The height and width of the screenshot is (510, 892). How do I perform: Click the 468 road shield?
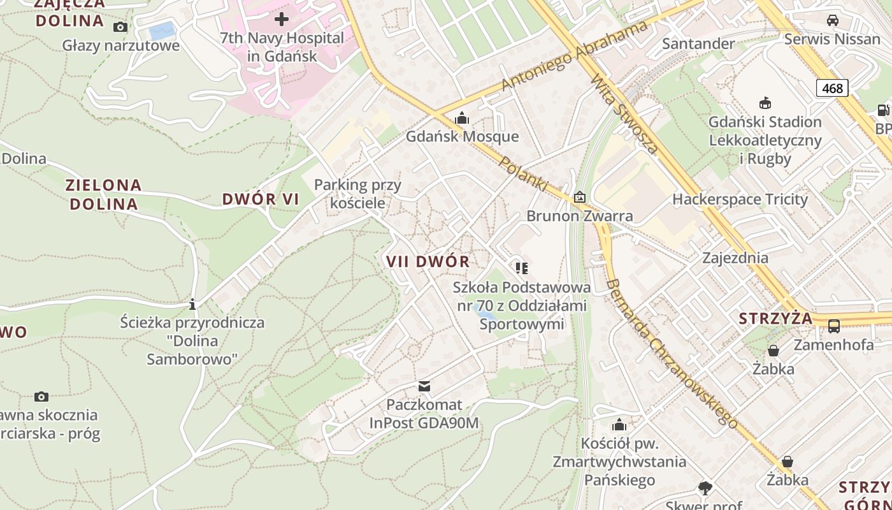(x=832, y=88)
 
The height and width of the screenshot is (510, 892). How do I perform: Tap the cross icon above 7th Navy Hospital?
(x=281, y=19)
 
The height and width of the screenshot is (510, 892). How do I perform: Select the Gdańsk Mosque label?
(x=463, y=136)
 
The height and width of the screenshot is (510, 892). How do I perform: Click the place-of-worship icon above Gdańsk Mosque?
(x=462, y=119)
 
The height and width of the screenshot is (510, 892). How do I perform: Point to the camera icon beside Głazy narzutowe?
(x=120, y=27)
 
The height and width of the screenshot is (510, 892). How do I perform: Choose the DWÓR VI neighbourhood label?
(x=261, y=199)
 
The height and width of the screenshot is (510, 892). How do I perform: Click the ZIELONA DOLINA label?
(x=103, y=194)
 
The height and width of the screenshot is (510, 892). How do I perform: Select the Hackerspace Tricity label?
(x=740, y=200)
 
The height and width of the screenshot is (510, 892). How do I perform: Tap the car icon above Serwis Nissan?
(x=832, y=20)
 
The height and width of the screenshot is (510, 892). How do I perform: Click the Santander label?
(x=698, y=43)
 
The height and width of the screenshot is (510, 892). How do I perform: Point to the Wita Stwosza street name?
(x=624, y=115)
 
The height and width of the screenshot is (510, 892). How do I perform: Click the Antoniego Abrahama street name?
(x=574, y=55)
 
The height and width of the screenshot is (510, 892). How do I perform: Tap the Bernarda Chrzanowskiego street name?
(x=671, y=354)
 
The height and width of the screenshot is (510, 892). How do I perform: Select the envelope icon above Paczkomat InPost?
(x=424, y=386)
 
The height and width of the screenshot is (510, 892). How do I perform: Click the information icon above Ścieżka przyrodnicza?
(x=192, y=304)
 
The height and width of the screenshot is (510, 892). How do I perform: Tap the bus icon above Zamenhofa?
(x=833, y=326)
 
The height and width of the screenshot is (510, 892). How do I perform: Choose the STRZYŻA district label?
(x=775, y=318)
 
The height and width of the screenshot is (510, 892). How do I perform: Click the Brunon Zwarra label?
(x=580, y=216)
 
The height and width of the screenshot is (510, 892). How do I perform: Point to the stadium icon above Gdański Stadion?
(x=765, y=103)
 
